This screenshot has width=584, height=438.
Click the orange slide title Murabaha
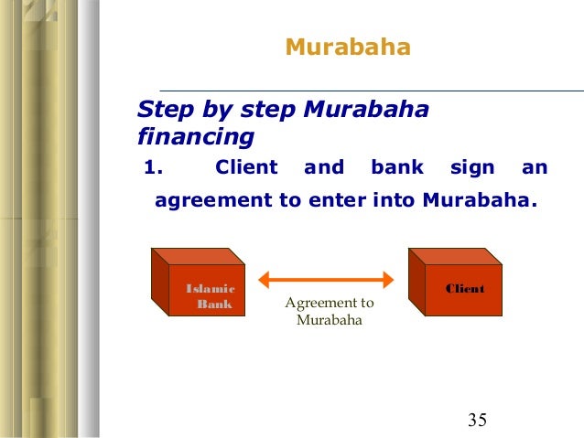(347, 47)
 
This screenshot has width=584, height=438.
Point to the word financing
(194, 138)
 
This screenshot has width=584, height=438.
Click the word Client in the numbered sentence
(245, 167)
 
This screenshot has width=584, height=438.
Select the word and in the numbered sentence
(324, 167)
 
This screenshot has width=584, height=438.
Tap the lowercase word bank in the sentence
(397, 167)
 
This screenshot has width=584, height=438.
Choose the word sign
(472, 167)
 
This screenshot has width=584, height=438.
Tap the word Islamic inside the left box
(211, 289)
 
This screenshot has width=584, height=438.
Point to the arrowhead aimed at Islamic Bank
(264, 281)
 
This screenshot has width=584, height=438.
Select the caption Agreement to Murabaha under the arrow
(330, 312)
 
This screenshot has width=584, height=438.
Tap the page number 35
(477, 420)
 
